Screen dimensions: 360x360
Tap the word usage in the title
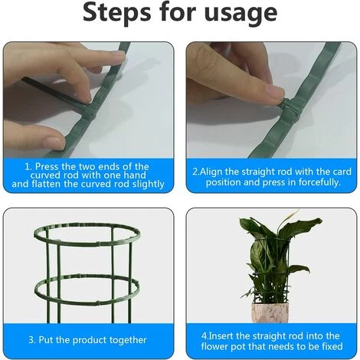[x=241, y=15]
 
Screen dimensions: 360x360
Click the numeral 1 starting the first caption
[x=27, y=166]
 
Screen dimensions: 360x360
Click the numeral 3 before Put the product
[x=31, y=339]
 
